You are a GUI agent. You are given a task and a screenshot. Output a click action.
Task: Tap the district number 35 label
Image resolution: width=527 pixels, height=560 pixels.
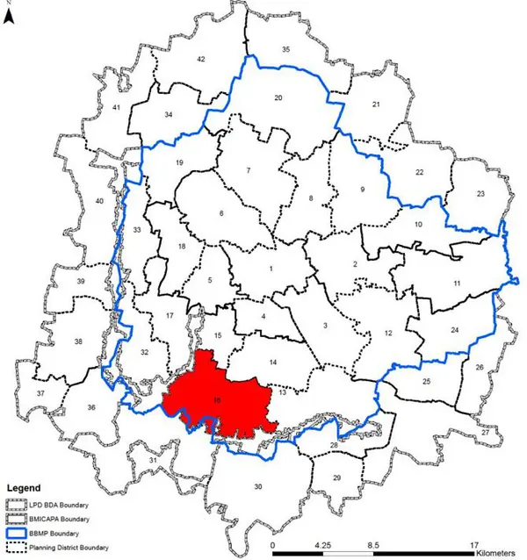285,50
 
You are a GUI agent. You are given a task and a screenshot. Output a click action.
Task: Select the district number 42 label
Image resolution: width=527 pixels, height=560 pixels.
200,59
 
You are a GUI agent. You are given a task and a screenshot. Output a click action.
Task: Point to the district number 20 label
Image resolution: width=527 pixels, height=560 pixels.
278,98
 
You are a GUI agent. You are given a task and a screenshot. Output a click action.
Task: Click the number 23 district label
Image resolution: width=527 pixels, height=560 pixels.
480,193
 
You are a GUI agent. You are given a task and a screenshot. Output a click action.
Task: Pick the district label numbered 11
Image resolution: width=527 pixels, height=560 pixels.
458,284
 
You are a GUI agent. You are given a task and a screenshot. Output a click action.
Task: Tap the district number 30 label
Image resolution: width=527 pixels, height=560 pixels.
257,487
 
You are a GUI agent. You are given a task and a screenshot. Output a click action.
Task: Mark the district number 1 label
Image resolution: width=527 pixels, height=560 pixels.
271,269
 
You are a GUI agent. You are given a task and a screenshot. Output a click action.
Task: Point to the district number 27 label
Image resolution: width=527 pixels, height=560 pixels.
484,433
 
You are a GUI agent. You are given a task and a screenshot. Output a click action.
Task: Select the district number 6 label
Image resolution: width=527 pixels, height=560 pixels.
221,213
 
